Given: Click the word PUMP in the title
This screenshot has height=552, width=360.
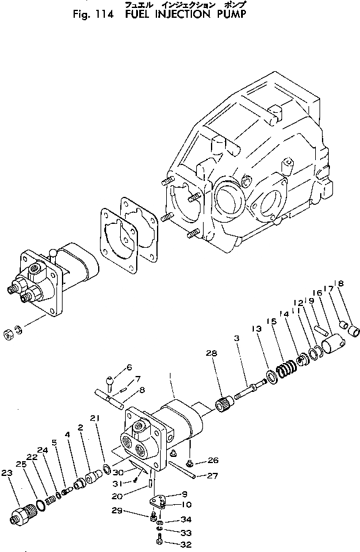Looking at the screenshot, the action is click(228, 14).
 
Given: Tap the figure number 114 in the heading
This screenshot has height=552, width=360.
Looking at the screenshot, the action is click(104, 14).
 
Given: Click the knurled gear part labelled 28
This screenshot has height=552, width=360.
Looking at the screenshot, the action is click(225, 404).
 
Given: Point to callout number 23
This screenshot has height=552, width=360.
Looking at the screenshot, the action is click(7, 473).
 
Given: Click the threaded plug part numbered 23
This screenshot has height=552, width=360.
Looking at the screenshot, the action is click(22, 512).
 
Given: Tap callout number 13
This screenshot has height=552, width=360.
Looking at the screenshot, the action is click(257, 329).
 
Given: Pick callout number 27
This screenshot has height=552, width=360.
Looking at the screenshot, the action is click(212, 475).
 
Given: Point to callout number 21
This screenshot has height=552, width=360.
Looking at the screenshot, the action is click(94, 418).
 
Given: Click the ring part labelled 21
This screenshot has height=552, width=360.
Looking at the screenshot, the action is click(107, 468).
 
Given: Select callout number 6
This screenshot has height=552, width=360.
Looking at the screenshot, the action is click(129, 367).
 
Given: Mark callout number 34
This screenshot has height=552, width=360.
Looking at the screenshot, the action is click(186, 519).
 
